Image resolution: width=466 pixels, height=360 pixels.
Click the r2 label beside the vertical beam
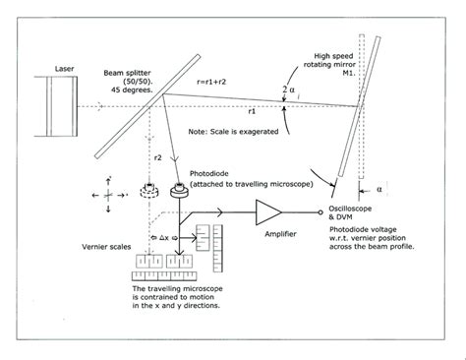pyautogui.click(x=156, y=157)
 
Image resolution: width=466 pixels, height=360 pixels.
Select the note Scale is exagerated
pyautogui.click(x=236, y=129)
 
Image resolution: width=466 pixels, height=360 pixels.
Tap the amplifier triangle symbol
pyautogui.click(x=266, y=210)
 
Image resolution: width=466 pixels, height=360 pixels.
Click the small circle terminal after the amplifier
pyautogui.click(x=319, y=210)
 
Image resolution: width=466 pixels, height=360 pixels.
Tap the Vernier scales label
pyautogui.click(x=91, y=246)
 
